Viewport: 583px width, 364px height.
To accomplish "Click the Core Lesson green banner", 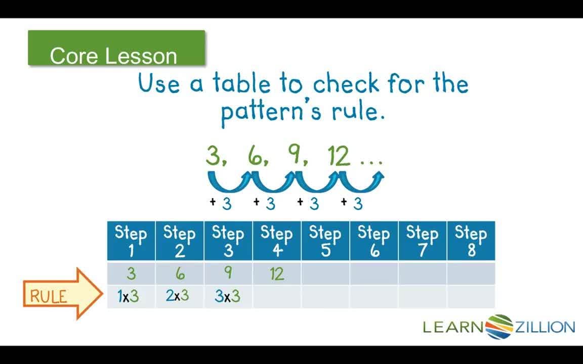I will click(116, 48).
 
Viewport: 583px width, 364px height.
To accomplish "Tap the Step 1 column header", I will click(131, 241).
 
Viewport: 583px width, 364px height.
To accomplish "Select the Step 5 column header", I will click(325, 241).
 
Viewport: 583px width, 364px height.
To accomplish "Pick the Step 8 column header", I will click(471, 241).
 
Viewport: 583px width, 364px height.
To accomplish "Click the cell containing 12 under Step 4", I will click(277, 274).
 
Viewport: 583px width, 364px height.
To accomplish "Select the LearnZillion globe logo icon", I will click(499, 327).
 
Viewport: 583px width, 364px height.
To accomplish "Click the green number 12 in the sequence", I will click(338, 156).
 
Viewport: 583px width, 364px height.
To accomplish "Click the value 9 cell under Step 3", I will click(228, 274).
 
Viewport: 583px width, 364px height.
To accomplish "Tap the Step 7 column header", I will click(422, 241).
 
